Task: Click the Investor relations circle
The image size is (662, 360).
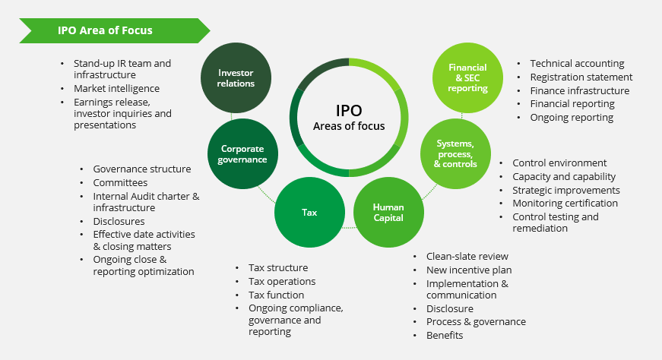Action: coord(236,78)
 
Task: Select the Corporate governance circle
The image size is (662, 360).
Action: coord(242,154)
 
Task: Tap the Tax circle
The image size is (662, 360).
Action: coord(309,213)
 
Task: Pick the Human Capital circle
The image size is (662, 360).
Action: coord(388,213)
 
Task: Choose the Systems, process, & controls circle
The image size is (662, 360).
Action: coord(455,154)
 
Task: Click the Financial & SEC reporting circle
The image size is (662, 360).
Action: coord(467,78)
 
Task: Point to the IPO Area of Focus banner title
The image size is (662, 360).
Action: coord(105,30)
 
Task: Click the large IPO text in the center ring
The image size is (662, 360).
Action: coord(349,111)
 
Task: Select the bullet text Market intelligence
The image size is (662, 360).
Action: coord(116,89)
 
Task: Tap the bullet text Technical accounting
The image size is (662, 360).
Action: coord(577,64)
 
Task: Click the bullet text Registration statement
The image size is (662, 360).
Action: coord(581,77)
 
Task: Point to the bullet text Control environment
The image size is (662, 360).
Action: coord(559,163)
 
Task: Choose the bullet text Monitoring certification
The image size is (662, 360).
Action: coord(565,204)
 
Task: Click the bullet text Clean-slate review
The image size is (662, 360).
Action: coord(467,256)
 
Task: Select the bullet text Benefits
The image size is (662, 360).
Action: coord(445,336)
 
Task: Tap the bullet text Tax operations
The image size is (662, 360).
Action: coord(282,282)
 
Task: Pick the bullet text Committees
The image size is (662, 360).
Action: coord(120,183)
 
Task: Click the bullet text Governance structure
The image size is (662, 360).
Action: coord(142,169)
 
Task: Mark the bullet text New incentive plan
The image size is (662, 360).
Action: coord(469,270)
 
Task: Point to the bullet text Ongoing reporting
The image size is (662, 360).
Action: coord(572,118)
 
